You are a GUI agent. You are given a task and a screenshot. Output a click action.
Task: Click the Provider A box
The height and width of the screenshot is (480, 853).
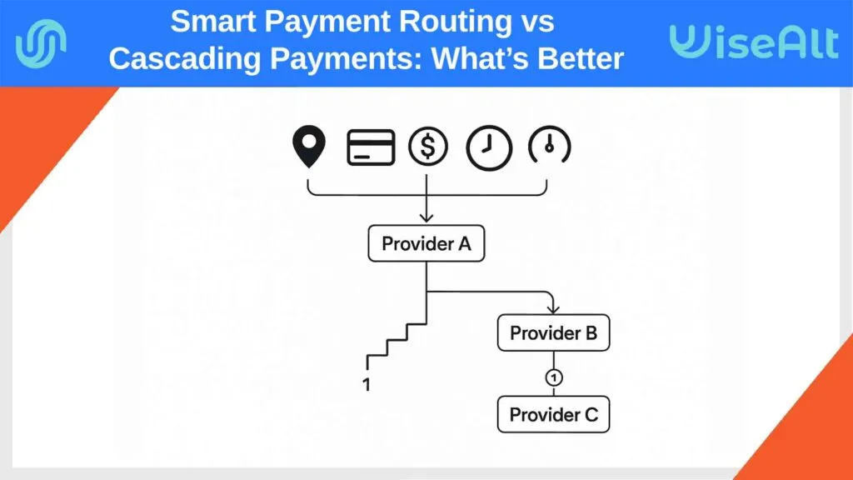[426, 244]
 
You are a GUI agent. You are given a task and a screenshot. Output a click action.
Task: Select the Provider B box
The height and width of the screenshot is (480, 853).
[553, 333]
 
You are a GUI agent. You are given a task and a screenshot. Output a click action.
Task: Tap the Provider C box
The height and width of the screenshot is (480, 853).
[553, 414]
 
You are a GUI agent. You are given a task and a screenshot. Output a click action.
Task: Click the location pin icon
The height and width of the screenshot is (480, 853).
[307, 147]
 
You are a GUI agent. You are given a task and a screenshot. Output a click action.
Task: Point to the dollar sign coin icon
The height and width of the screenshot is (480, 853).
[427, 147]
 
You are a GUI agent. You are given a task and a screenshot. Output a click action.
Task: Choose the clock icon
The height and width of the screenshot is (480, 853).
[486, 147]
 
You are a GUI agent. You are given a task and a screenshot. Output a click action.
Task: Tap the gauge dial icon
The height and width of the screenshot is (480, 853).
[549, 147]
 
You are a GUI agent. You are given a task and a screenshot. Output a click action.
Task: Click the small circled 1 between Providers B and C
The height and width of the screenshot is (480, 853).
[553, 377]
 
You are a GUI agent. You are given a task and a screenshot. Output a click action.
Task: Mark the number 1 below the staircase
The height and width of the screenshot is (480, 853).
[367, 385]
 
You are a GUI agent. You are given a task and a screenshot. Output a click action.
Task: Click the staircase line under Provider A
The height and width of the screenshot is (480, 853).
[398, 337]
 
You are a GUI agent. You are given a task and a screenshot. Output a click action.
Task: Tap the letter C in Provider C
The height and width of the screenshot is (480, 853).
[590, 414]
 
